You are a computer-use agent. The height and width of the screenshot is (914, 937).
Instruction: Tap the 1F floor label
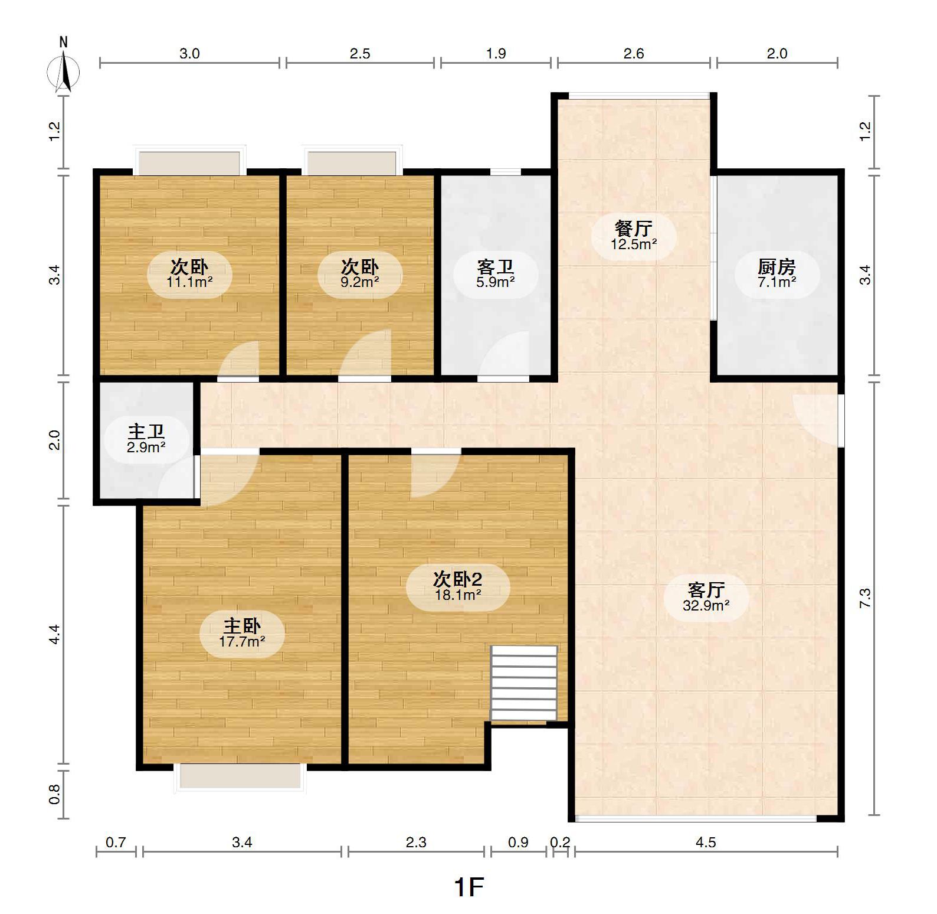[x=468, y=886]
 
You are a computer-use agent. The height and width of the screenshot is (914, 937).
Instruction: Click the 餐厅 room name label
[x=634, y=228]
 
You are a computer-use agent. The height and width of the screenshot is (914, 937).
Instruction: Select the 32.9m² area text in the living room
[x=706, y=605]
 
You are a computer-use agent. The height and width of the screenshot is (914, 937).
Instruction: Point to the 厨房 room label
[x=777, y=267]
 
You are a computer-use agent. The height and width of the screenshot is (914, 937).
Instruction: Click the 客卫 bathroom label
[x=496, y=267]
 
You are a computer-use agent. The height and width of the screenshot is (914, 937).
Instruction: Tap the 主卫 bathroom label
[x=146, y=432]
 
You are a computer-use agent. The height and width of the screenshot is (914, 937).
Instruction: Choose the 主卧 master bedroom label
[x=242, y=626]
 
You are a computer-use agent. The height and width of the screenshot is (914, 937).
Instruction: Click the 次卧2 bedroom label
[x=457, y=579]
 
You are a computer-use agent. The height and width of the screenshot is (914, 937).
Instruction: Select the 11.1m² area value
[x=189, y=282]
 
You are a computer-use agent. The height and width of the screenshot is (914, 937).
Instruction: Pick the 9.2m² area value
[x=360, y=282]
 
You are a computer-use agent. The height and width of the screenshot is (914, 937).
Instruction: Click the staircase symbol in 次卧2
[x=524, y=683]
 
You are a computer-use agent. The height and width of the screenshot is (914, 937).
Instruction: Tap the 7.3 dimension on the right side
[x=864, y=598]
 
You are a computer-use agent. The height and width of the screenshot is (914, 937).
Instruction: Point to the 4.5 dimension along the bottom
[x=706, y=843]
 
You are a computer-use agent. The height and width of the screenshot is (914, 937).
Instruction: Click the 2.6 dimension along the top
[x=634, y=54]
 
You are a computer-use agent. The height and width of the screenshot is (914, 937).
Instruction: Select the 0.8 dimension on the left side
[x=54, y=794]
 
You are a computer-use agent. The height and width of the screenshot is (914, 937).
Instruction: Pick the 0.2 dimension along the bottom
[x=561, y=843]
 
